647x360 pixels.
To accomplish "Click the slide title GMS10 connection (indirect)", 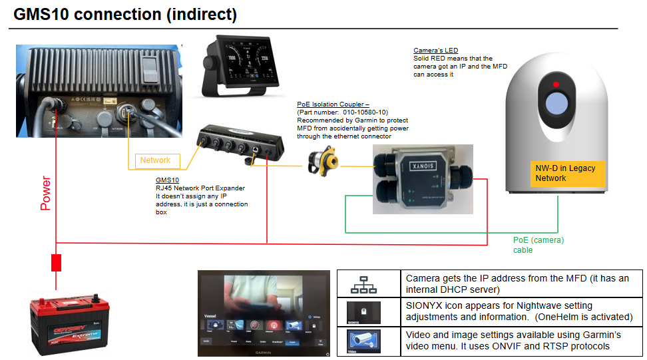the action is pyautogui.click(x=125, y=15).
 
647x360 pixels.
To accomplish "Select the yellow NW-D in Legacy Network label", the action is pyautogui.click(x=566, y=174).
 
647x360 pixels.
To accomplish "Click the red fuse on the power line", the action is pyautogui.click(x=57, y=262).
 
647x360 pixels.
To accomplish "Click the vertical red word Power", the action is pyautogui.click(x=45, y=193).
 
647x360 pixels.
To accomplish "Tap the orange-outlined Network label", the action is pyautogui.click(x=155, y=160).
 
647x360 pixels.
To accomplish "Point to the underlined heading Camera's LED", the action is pyautogui.click(x=435, y=51).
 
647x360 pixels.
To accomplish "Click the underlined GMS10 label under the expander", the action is pyautogui.click(x=167, y=180).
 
